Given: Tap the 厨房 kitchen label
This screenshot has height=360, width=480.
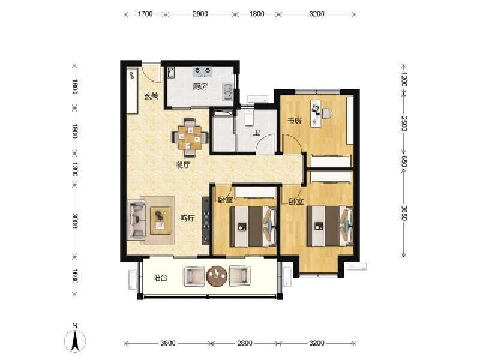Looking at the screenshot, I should point(200,86).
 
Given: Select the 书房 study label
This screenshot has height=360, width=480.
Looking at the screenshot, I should point(294,121).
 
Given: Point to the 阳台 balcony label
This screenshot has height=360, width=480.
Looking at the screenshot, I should point(160,278).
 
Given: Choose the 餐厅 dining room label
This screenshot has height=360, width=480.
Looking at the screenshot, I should point(182,165).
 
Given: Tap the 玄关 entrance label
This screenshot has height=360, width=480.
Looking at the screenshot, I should point(151,95).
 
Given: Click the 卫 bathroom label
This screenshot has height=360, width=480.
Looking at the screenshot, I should point(256,133).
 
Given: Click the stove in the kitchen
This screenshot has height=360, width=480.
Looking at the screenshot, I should point(202,71).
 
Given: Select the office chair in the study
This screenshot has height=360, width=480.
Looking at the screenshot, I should point(326,112).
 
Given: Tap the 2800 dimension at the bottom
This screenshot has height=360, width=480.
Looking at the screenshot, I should point(244,343).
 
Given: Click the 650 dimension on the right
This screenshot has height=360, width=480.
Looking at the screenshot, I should point(404,162).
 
